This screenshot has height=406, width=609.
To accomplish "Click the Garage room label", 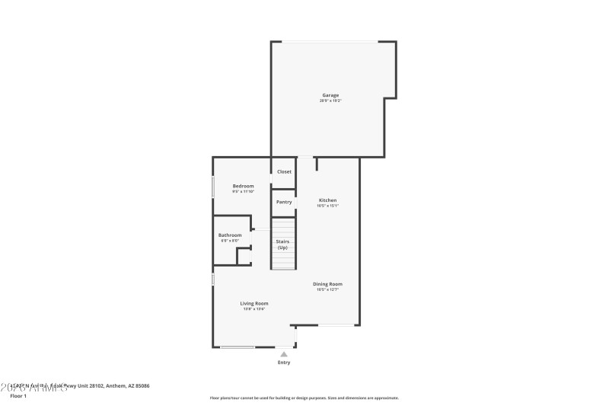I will click(x=330, y=95).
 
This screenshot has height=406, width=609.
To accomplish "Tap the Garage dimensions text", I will click(x=330, y=101).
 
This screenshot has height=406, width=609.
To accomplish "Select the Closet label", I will click(x=284, y=171).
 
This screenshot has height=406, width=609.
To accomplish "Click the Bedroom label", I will click(x=243, y=186).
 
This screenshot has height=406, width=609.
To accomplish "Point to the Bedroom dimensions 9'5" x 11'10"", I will click(x=243, y=191).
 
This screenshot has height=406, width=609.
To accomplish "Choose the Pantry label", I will click(x=284, y=202).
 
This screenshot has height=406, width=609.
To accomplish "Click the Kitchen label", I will click(x=327, y=200).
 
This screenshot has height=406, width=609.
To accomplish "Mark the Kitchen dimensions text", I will click(x=327, y=206).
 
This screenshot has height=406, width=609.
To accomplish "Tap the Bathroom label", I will click(x=230, y=235).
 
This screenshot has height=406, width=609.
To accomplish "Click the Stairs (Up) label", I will click(x=282, y=245).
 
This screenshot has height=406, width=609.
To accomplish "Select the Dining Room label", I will click(x=327, y=284).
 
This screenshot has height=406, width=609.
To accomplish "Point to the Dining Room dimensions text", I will click(x=327, y=289).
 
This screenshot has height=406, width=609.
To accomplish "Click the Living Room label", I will click(x=254, y=303).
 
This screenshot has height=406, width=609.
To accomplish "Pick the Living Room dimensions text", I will click(x=254, y=308).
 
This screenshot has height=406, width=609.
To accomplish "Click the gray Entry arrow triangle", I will click(x=284, y=354).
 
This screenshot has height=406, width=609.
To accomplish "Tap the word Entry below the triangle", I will click(x=284, y=363).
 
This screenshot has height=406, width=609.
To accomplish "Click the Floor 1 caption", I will click(x=18, y=396).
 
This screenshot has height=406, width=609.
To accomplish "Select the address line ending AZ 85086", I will click(x=80, y=386).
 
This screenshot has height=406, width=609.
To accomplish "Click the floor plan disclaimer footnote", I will click(x=304, y=398).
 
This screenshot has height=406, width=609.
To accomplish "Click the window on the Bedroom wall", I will click(x=213, y=187).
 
